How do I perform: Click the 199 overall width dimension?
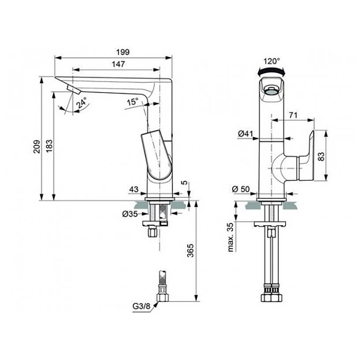(x=123, y=52)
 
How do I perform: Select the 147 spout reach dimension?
(x=119, y=64)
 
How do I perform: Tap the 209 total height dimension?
(x=37, y=146)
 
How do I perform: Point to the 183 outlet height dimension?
(x=49, y=146)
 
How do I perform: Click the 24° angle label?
(x=82, y=103)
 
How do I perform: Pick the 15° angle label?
(x=133, y=101)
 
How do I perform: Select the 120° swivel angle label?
(x=272, y=61)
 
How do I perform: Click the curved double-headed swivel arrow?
(x=272, y=70)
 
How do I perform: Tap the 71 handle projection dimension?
(x=293, y=115)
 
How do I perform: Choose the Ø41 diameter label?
(x=245, y=134)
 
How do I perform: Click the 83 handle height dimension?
(x=322, y=156)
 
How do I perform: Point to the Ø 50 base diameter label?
(x=240, y=189)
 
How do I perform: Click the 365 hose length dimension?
(x=191, y=251)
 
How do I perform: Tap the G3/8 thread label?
(x=141, y=306)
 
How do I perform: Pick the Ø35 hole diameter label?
(x=130, y=214)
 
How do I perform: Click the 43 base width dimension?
(x=134, y=189)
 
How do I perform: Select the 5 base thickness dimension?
(x=184, y=183)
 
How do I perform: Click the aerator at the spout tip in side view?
(x=73, y=90)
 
